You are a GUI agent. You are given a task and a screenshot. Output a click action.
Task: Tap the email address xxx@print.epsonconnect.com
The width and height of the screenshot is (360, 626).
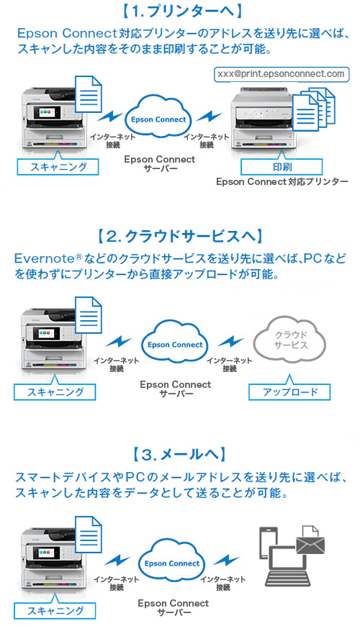tap(281, 74)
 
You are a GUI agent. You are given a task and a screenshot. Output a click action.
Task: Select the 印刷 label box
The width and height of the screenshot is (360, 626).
tap(282, 166)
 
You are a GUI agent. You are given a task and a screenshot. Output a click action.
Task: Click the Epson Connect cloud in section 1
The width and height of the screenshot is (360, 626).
tap(158, 119)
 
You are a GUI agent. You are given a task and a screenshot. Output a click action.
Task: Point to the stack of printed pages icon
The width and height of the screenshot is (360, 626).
tap(314, 109)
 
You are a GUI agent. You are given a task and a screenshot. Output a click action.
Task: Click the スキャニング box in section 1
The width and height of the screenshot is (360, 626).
tap(58, 166)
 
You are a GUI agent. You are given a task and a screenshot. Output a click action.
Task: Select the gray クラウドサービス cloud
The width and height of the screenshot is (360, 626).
tap(290, 340)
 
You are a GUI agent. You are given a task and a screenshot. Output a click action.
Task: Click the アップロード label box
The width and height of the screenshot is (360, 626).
tap(289, 391)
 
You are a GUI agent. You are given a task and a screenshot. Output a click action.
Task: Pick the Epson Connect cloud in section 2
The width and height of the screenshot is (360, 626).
tap(175, 343)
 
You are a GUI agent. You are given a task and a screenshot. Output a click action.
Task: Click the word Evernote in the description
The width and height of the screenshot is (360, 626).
tap(44, 258)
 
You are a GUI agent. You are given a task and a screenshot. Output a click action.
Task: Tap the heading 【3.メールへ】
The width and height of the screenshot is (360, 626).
tap(179, 454)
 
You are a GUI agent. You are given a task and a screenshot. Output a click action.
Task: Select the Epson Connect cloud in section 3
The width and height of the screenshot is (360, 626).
tap(172, 562)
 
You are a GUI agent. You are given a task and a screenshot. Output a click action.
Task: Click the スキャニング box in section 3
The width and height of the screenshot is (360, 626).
tap(55, 610)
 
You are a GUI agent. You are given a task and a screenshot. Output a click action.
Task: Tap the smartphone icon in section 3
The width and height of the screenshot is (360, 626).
tap(268, 544)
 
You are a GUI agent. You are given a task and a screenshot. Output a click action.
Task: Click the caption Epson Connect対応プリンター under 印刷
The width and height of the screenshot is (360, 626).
tap(282, 181)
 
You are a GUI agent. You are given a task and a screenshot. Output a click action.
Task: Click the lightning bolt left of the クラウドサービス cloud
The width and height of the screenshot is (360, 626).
tap(230, 341)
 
